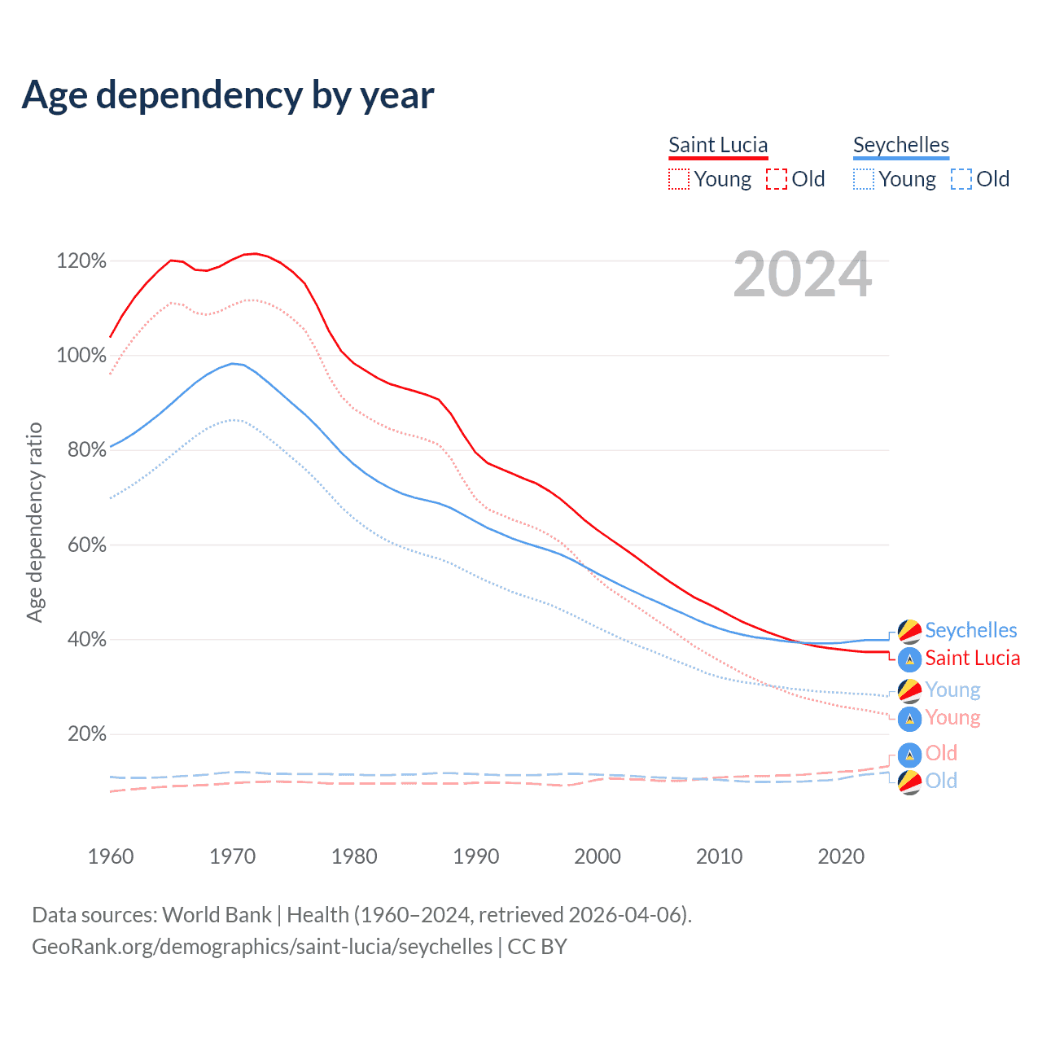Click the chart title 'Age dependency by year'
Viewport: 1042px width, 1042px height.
pyautogui.click(x=228, y=95)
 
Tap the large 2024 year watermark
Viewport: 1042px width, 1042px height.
pyautogui.click(x=803, y=275)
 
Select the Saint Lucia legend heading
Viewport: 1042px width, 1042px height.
pyautogui.click(x=718, y=145)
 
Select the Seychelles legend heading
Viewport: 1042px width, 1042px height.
pyautogui.click(x=901, y=145)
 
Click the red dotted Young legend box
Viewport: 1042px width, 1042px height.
pyautogui.click(x=679, y=179)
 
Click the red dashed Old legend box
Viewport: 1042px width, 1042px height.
pyautogui.click(x=777, y=179)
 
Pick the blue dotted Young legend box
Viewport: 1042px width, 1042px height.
pyautogui.click(x=864, y=179)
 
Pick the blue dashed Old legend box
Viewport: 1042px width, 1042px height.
pyautogui.click(x=961, y=179)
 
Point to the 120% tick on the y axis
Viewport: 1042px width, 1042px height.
pyautogui.click(x=81, y=261)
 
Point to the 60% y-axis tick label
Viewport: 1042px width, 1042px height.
pyautogui.click(x=86, y=545)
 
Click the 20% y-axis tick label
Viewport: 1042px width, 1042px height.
pyautogui.click(x=86, y=734)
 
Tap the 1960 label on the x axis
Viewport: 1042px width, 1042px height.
pyautogui.click(x=111, y=856)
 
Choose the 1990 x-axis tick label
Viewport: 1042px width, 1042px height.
pyautogui.click(x=476, y=856)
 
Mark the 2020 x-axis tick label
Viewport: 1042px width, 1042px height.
pyautogui.click(x=841, y=856)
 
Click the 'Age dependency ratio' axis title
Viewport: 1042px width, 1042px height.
pyautogui.click(x=34, y=522)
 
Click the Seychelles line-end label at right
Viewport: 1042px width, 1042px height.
pyautogui.click(x=970, y=630)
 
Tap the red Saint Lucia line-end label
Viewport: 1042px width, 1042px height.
pyautogui.click(x=972, y=658)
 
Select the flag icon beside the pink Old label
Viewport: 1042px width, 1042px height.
pyautogui.click(x=909, y=754)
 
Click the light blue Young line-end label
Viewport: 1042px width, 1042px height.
pyautogui.click(x=952, y=690)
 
